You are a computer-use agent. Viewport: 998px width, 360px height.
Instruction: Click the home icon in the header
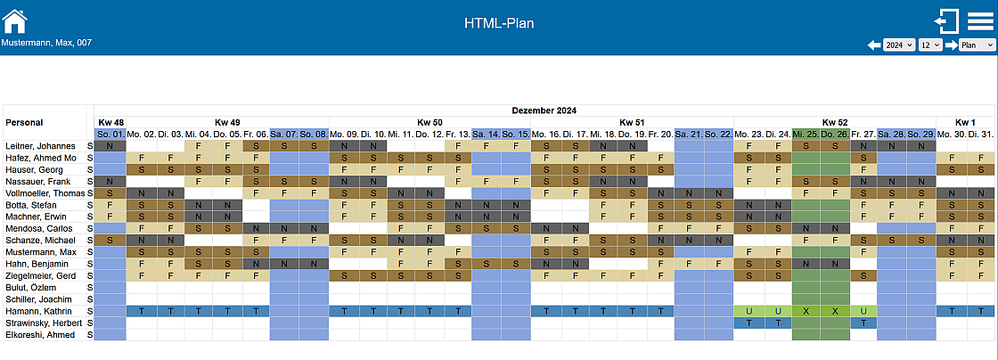pyautogui.click(x=15, y=20)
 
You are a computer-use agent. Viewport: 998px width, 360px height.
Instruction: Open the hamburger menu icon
pyautogui.click(x=979, y=20)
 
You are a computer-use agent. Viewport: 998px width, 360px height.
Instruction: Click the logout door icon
pyautogui.click(x=945, y=21)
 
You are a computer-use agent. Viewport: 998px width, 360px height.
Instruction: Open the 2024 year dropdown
pyautogui.click(x=898, y=45)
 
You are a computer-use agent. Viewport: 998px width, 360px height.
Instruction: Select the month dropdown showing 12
pyautogui.click(x=929, y=45)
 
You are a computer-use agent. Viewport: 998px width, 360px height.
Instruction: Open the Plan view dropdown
pyautogui.click(x=977, y=45)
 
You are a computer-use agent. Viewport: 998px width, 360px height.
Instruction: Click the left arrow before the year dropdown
pyautogui.click(x=874, y=45)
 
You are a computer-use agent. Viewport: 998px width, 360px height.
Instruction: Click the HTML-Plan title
pyautogui.click(x=499, y=23)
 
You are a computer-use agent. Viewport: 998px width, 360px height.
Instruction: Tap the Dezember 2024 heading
pyautogui.click(x=544, y=110)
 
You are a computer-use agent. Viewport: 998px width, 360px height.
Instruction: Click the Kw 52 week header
pyautogui.click(x=834, y=122)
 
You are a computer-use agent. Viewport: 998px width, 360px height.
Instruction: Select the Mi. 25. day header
pyautogui.click(x=805, y=134)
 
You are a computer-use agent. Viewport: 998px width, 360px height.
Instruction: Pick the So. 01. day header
pyautogui.click(x=110, y=134)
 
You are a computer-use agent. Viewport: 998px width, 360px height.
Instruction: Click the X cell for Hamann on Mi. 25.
pyautogui.click(x=806, y=311)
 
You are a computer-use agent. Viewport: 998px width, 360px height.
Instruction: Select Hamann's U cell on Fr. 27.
pyautogui.click(x=863, y=311)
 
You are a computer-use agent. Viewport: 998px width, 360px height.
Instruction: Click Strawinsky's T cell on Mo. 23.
pyautogui.click(x=748, y=323)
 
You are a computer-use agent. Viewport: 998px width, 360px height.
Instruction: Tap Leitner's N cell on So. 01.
pyautogui.click(x=110, y=145)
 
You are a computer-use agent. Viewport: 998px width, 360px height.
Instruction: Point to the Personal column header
pyautogui.click(x=23, y=122)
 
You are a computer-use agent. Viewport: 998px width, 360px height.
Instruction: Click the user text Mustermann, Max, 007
pyautogui.click(x=46, y=43)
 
